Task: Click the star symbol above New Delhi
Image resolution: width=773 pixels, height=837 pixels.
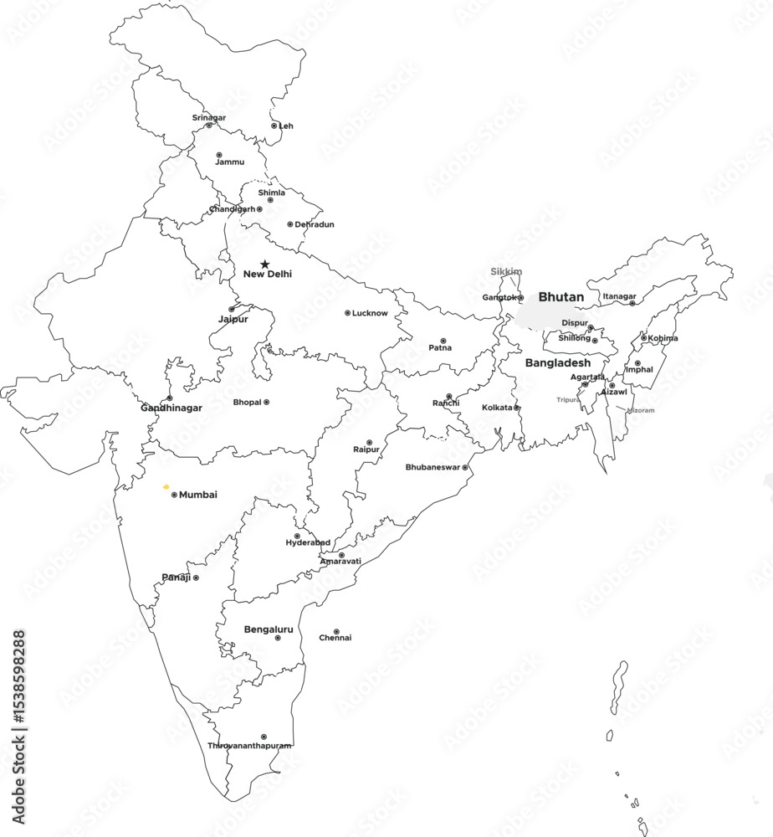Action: coord(265,264)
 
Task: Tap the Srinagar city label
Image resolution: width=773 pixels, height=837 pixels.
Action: coord(208,117)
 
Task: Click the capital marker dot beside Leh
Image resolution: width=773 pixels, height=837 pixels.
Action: coord(274,126)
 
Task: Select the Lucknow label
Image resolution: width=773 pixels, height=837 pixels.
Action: coord(370,313)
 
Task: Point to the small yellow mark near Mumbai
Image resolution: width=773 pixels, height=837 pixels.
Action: coord(166,485)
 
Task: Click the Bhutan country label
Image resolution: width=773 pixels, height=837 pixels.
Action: coord(561,297)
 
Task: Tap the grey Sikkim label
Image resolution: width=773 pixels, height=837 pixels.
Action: coord(506,271)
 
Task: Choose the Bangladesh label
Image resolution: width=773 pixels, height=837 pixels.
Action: coord(557,363)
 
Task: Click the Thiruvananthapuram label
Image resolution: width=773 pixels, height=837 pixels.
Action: coord(249,746)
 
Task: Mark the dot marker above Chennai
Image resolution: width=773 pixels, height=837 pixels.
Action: coord(336,632)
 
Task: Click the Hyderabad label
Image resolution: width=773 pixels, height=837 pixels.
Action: coord(308,542)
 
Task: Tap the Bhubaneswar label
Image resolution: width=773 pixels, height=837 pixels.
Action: coord(433,467)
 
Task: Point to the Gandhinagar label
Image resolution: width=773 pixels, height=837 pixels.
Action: coord(171,408)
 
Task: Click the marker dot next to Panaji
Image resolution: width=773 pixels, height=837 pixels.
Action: coord(196,578)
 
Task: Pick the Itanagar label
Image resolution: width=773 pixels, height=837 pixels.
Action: coord(619,295)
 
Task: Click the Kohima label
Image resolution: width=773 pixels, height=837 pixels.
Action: coord(663,338)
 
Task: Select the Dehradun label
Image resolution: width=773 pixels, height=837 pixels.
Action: coord(315,224)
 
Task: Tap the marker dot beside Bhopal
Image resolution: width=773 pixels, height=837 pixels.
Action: coord(266,402)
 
